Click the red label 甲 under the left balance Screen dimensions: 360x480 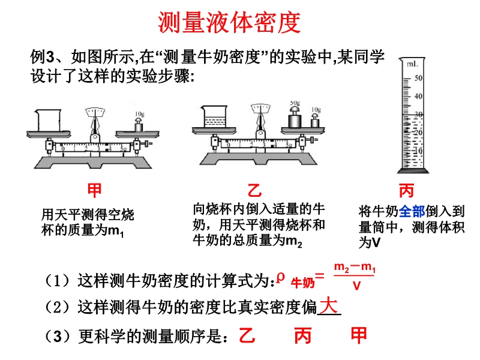[x=95, y=191]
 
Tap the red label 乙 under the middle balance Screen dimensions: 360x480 [x=255, y=191]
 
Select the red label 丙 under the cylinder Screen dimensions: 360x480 [x=407, y=191]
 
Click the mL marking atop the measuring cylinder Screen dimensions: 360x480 [x=412, y=63]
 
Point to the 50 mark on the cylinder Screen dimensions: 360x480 [x=419, y=77]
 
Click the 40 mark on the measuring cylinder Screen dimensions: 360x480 [x=419, y=96]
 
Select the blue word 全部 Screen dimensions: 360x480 [x=412, y=211]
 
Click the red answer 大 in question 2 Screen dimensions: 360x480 [x=328, y=305]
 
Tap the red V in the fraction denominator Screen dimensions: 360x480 [x=356, y=286]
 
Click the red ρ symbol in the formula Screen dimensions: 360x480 [x=280, y=276]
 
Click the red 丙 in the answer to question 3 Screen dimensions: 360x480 [x=303, y=335]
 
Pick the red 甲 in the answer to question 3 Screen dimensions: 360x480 [x=359, y=335]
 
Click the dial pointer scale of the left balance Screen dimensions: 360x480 [x=95, y=112]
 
